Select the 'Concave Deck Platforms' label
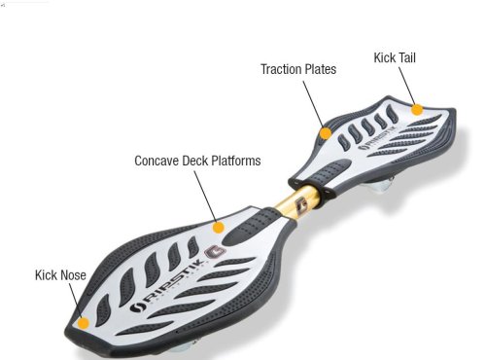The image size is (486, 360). (196, 161)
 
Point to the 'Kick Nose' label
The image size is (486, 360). (60, 275)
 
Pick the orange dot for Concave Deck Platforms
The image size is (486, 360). (219, 227)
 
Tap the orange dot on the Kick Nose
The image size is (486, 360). (84, 320)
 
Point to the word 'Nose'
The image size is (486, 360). (73, 275)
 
